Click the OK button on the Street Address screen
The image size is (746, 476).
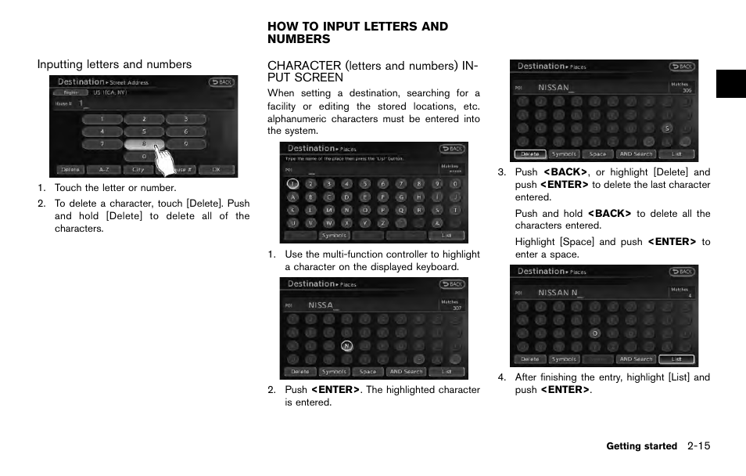(x=216, y=169)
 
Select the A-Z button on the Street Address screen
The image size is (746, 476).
(x=99, y=169)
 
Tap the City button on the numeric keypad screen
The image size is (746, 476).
(x=138, y=169)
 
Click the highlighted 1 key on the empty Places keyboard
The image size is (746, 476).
(x=292, y=184)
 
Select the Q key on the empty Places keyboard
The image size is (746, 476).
(x=400, y=210)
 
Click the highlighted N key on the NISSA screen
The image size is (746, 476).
(x=346, y=345)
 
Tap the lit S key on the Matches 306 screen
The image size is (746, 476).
(x=666, y=128)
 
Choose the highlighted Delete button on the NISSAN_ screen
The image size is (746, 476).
(x=529, y=154)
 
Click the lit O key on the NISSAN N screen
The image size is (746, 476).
(x=594, y=333)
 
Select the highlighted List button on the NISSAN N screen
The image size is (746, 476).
(x=676, y=359)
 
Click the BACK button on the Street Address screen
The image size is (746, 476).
(x=221, y=81)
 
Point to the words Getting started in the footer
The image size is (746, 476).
(x=641, y=446)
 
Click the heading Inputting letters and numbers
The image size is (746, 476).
(x=114, y=64)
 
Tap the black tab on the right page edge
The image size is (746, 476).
(x=730, y=83)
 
